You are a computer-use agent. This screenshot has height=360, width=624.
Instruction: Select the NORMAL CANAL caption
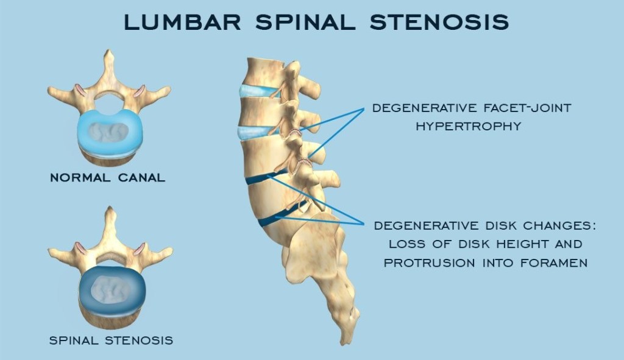click(x=107, y=178)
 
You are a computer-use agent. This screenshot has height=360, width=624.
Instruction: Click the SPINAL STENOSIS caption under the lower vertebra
click(x=111, y=339)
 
